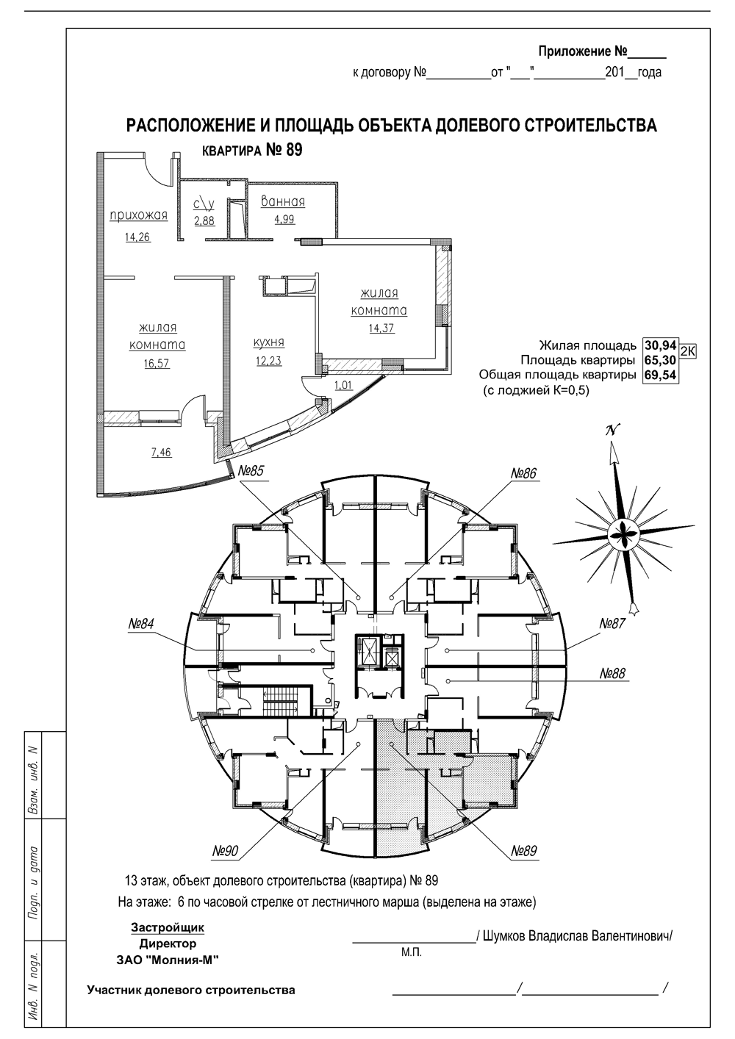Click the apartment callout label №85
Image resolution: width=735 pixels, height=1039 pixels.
click(x=251, y=472)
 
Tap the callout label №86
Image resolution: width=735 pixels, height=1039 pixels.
click(x=524, y=473)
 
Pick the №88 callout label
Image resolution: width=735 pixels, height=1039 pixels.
click(x=612, y=673)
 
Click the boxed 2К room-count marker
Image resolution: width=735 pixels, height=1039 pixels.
click(x=687, y=351)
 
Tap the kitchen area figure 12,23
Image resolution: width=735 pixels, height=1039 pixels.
click(x=269, y=361)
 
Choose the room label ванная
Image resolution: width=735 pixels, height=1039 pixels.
click(x=283, y=202)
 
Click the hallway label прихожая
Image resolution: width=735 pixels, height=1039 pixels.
click(x=138, y=216)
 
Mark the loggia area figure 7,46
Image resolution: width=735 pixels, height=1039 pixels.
click(x=161, y=452)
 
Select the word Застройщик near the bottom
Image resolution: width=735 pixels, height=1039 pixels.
click(x=168, y=927)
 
